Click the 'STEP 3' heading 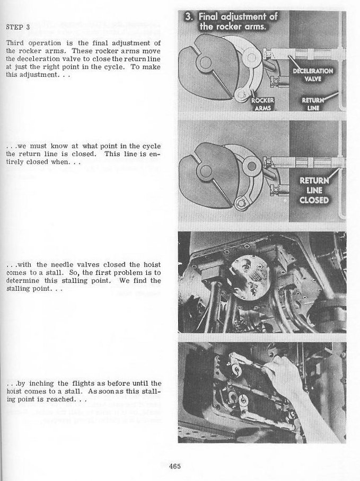[17, 26]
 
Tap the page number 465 [175, 466]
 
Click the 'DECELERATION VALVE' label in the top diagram [312, 75]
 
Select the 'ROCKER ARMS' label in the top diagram [262, 104]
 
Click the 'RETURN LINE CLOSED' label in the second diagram [313, 190]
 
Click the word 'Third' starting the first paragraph [15, 42]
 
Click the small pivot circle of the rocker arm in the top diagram [241, 94]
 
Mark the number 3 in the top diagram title [189, 17]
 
